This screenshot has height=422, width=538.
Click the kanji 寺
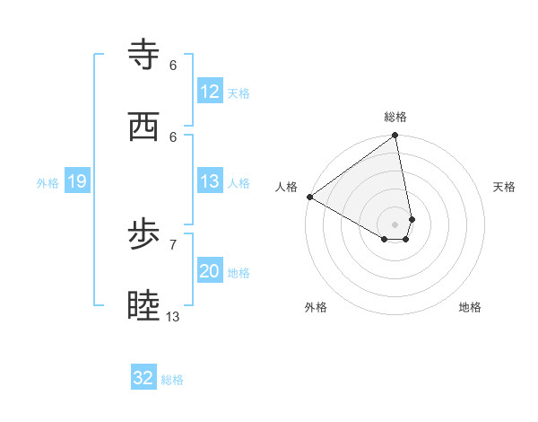coord(144,55)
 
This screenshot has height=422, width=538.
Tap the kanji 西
coord(144,126)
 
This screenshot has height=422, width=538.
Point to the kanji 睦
coord(144,306)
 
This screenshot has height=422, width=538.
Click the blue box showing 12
coord(210,92)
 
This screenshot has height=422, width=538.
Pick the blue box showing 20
coord(210,272)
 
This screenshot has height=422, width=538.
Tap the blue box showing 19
coord(76,182)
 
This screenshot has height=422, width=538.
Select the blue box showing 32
coord(143,378)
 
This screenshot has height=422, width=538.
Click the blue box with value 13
coord(210,182)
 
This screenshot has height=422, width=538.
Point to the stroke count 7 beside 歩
coord(173,244)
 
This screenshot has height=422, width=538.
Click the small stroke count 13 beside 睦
coord(173,316)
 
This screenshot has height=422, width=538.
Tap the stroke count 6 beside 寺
coord(173,65)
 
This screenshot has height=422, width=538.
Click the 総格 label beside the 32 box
coord(172,380)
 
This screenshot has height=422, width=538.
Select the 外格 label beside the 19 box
coord(48,183)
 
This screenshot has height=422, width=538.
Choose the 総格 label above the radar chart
coord(395,117)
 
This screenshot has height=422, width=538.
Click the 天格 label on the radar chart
coord(505,187)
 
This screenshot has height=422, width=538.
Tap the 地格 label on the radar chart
coord(470,307)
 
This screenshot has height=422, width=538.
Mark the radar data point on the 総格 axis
coord(395,136)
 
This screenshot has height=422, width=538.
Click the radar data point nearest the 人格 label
coord(309,197)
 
